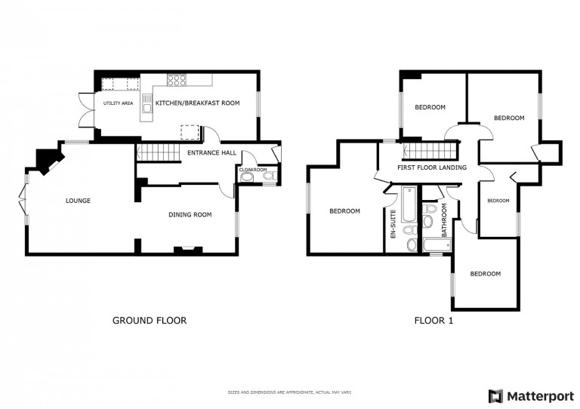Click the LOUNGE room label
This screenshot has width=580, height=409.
pos(78,201)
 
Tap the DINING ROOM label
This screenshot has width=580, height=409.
pos(190,214)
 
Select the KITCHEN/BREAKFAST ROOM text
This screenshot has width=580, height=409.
pos(198,103)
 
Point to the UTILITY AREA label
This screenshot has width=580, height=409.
pos(118,103)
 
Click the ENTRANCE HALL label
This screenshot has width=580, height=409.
pos(211,152)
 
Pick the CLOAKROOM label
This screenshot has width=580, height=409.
pos(253,170)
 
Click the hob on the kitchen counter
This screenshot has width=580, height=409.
pos(177,80)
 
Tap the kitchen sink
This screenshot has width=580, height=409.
pos(147,103)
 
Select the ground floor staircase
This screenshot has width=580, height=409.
pos(158,152)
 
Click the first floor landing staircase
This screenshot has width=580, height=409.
pos(430,151)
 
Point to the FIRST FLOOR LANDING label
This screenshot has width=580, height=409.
pos(432,168)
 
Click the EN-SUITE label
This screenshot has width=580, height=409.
pos(393,224)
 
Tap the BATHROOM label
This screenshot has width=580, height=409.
pos(444,220)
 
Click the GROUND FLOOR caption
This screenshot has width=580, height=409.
pos(150,320)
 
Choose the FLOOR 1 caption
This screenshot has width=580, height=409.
pos(433,320)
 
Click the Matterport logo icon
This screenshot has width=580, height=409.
pos(495,396)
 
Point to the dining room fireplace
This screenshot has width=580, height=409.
pos(188,251)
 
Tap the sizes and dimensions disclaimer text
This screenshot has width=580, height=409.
pos(290,392)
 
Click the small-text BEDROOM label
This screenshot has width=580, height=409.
pos(498,201)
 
